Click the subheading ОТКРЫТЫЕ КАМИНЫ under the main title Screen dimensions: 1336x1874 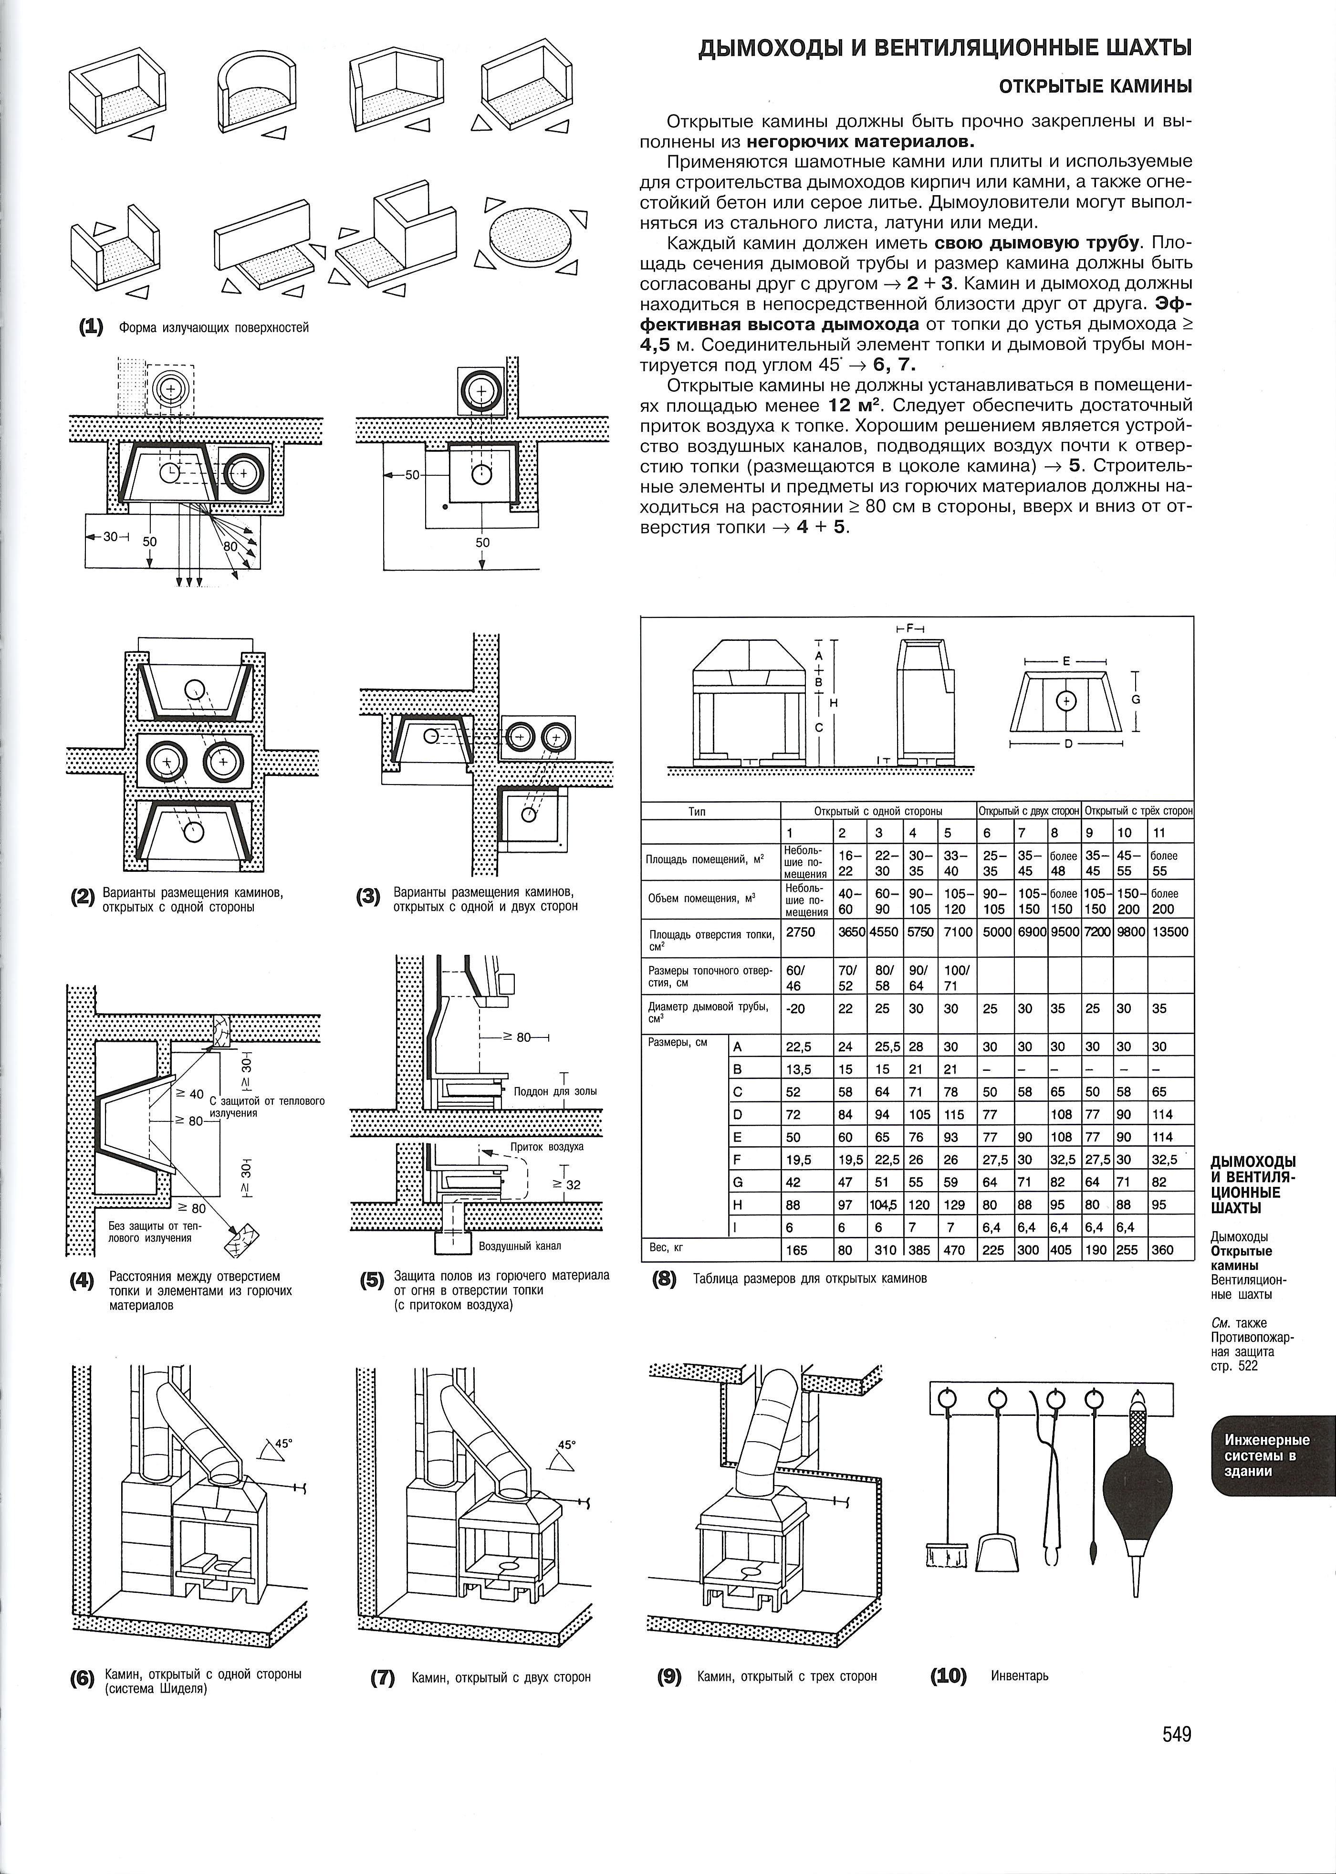[x=1095, y=85]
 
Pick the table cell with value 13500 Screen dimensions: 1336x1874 [x=1170, y=932]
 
